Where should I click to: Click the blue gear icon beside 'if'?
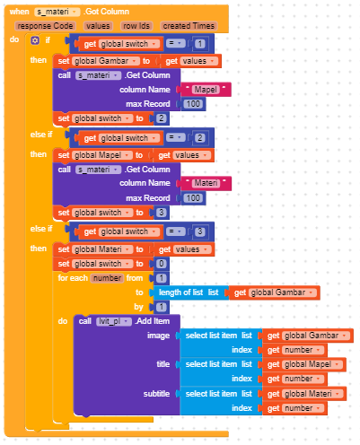[x=35, y=40]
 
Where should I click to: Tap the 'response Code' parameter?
[x=45, y=26]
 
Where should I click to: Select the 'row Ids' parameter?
[x=136, y=26]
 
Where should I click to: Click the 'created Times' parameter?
[x=189, y=26]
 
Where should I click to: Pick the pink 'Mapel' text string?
[x=206, y=90]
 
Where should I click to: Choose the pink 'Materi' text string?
[x=206, y=183]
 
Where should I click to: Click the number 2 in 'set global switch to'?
[x=162, y=118]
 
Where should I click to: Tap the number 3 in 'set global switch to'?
[x=162, y=213]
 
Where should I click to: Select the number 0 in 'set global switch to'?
[x=162, y=264]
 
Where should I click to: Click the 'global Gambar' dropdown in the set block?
[x=106, y=61]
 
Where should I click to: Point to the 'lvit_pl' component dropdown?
[x=114, y=321]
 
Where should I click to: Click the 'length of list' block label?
[x=180, y=292]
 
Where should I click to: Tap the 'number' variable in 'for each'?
[x=107, y=278]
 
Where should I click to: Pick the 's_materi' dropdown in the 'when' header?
[x=57, y=12]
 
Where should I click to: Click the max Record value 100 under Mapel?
[x=193, y=104]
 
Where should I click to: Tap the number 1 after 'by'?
[x=162, y=307]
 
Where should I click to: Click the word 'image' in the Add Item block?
[x=158, y=336]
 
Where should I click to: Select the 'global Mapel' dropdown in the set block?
[x=102, y=155]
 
